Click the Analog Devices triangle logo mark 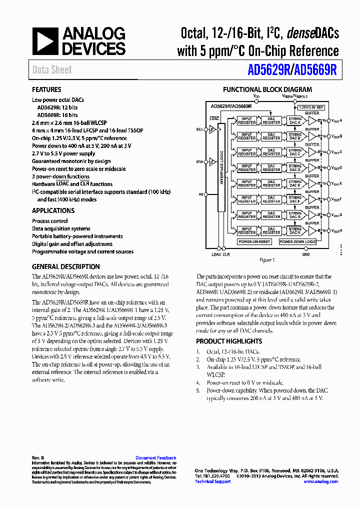pos(45,41)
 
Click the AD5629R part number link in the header pos(268,70)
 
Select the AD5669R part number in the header pos(315,70)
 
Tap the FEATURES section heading pos(46,90)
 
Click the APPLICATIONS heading pos(53,210)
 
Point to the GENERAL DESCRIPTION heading pos(65,266)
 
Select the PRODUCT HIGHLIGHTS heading pos(229,341)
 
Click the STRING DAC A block pos(295,120)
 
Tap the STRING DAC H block pos(295,230)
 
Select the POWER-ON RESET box pos(254,241)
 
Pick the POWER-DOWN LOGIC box pos(297,241)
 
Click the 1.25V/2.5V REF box pos(311,107)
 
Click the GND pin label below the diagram pos(305,254)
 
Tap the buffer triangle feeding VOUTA pos(313,121)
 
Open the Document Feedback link pos(155,458)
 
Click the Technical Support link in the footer pos(212,481)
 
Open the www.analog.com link pos(320,481)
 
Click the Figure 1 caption pos(266,260)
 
